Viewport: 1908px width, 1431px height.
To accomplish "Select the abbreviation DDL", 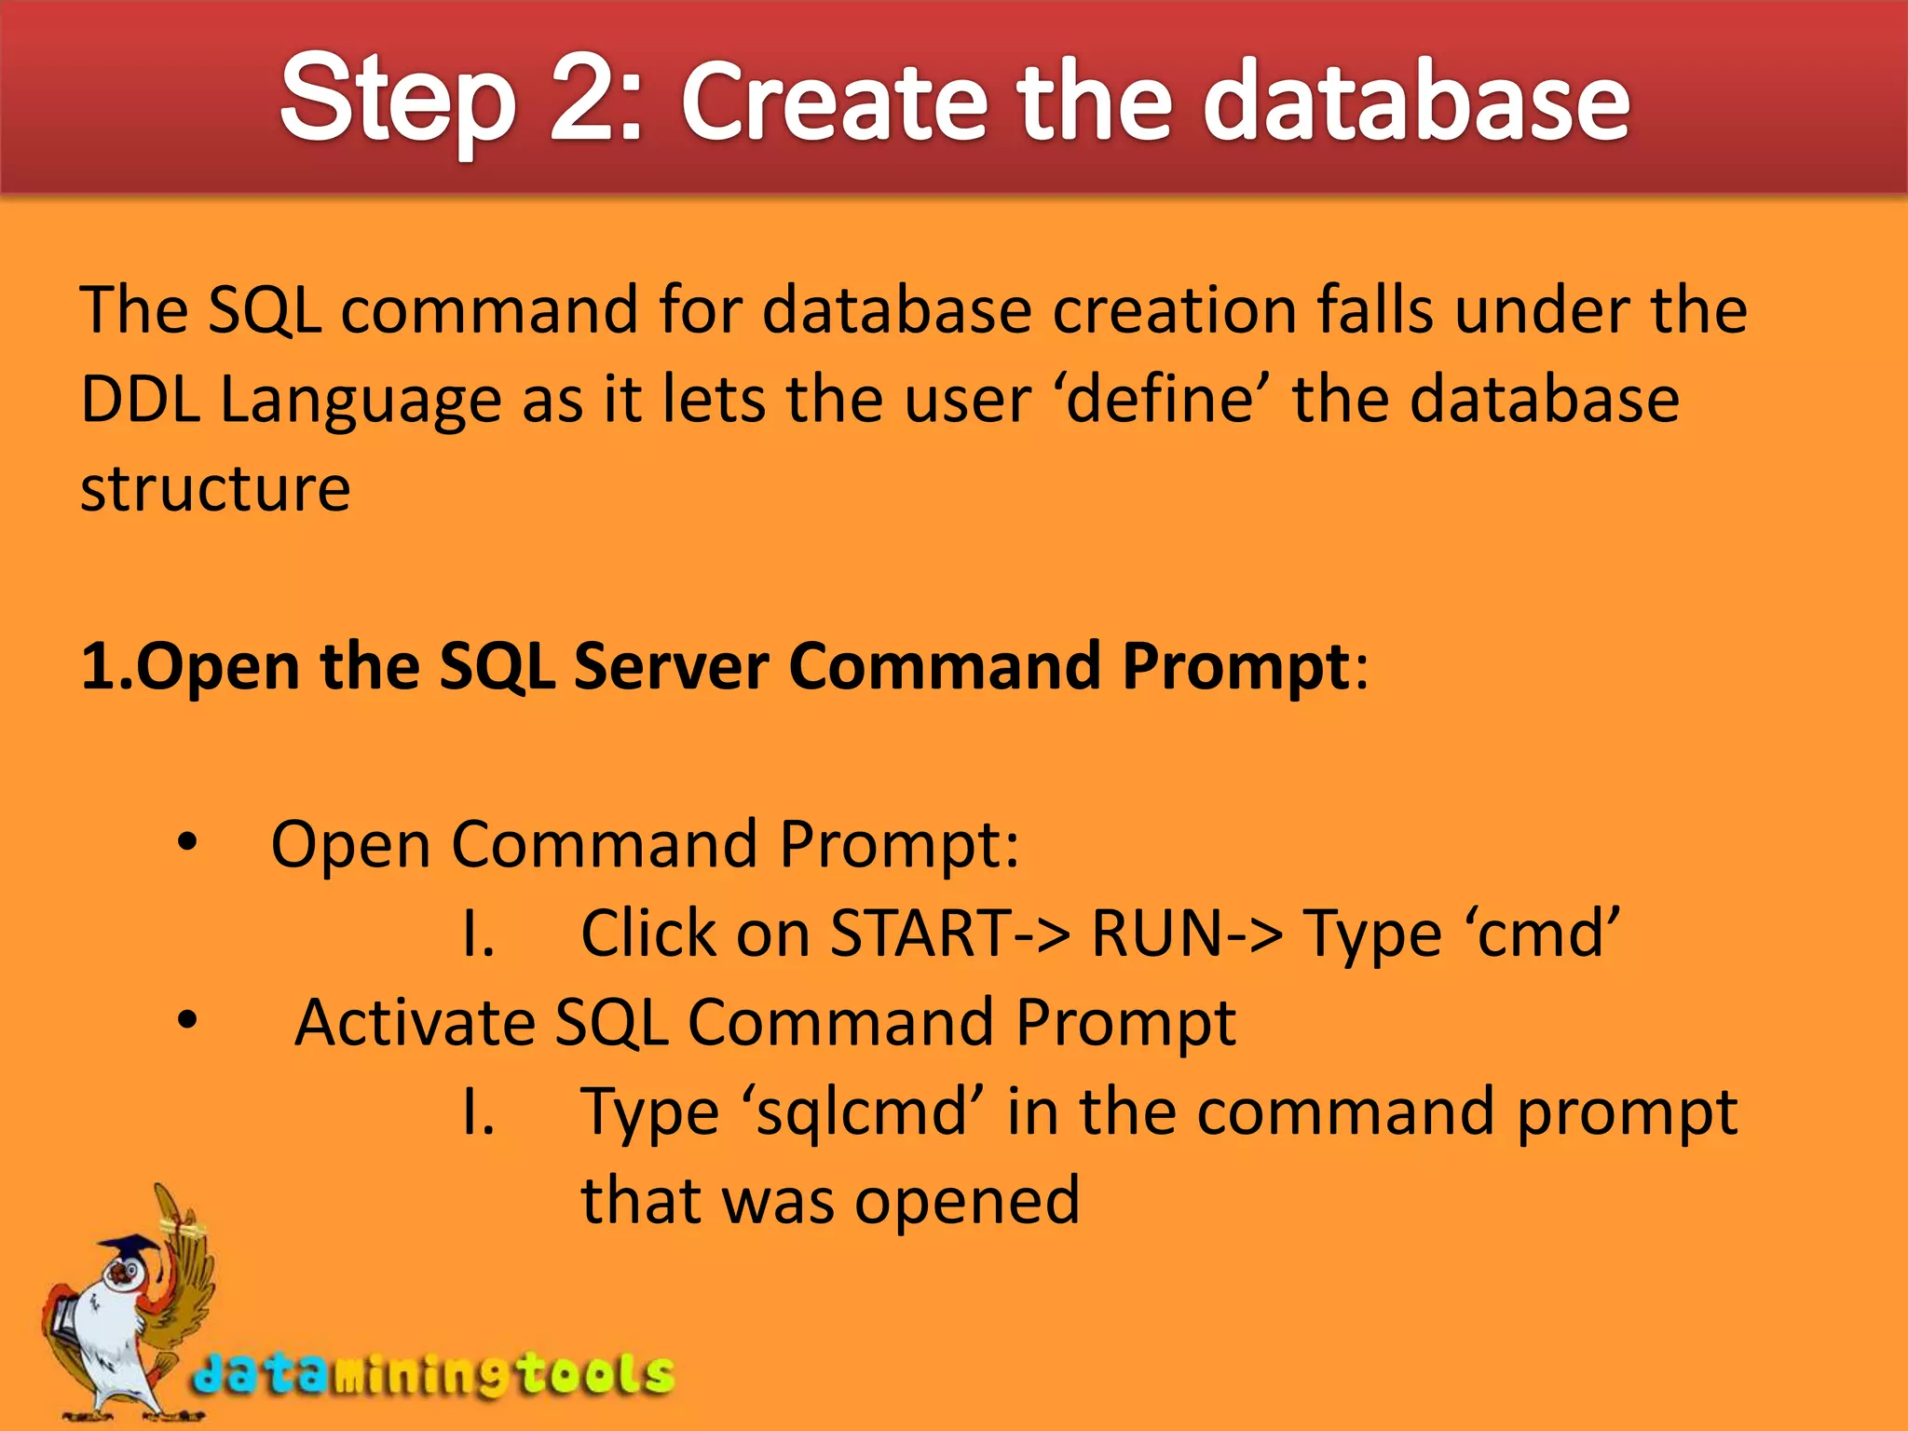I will coord(140,400).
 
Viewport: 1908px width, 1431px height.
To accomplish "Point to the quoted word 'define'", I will coord(1160,400).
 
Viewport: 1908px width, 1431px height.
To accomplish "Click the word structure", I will coord(215,489).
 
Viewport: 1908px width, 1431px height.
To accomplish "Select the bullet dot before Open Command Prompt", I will coord(188,843).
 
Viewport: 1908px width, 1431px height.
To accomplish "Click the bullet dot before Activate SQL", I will coord(188,1021).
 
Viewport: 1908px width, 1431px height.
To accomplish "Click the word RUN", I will coord(1156,934).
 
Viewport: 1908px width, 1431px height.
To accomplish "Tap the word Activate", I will coord(415,1023).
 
